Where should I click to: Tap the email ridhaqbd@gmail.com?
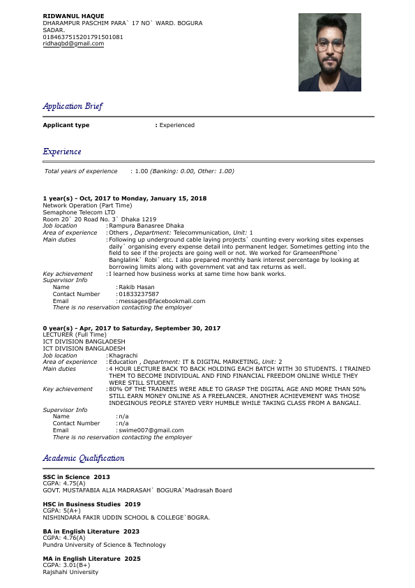click(x=73, y=44)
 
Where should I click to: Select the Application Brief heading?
click(x=73, y=106)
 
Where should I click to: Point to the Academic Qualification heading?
click(x=84, y=458)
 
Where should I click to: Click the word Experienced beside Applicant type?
click(x=177, y=125)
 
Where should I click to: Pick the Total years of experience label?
click(x=81, y=171)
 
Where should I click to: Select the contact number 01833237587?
click(x=139, y=294)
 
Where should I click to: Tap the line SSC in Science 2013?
click(x=77, y=477)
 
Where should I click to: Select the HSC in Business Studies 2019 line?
click(x=91, y=504)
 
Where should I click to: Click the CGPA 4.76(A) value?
click(x=64, y=538)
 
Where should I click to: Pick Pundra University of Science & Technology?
click(x=104, y=545)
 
